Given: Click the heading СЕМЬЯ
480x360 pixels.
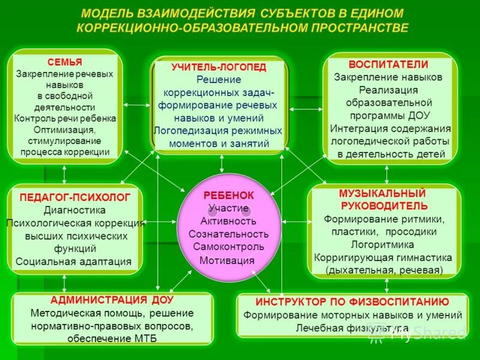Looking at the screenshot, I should coord(65,62).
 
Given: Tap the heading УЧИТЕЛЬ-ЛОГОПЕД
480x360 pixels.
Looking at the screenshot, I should coord(218,67).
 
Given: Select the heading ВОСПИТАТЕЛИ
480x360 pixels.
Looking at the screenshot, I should coord(388,64).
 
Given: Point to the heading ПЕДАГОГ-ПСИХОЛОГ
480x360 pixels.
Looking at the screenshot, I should coord(74,197).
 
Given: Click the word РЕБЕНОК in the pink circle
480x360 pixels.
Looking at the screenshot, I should coord(229,196).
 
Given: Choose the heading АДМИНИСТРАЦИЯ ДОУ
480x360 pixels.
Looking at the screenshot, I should coord(112,299).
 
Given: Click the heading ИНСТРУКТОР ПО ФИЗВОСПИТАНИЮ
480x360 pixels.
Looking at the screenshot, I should coord(352,301).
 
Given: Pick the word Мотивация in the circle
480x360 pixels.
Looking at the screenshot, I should coord(227,260).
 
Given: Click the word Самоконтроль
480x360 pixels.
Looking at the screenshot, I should coord(229,247).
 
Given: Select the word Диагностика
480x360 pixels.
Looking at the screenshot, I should coord(74,210).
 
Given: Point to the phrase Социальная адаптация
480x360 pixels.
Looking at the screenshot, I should coord(74,261).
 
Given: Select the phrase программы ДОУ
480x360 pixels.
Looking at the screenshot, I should coord(388,115).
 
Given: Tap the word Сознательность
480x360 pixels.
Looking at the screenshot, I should coord(229,234).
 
